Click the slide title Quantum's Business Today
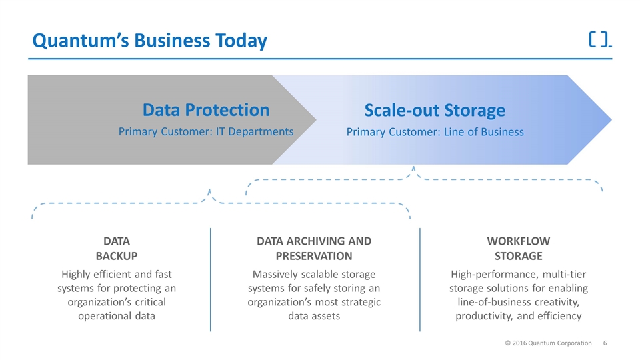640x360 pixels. (x=150, y=41)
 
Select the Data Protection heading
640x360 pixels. (x=206, y=109)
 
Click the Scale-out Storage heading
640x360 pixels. (x=435, y=109)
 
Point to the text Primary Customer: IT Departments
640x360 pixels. (x=206, y=131)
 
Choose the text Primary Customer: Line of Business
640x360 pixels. (x=435, y=131)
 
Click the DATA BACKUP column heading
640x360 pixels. (x=117, y=248)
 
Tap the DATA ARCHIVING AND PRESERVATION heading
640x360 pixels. (x=314, y=248)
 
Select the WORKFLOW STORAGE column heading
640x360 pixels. (x=519, y=248)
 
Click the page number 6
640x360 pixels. (x=605, y=343)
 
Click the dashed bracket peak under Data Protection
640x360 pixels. (x=210, y=191)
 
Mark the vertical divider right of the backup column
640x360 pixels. (x=211, y=279)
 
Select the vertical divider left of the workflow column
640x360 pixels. (x=420, y=279)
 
